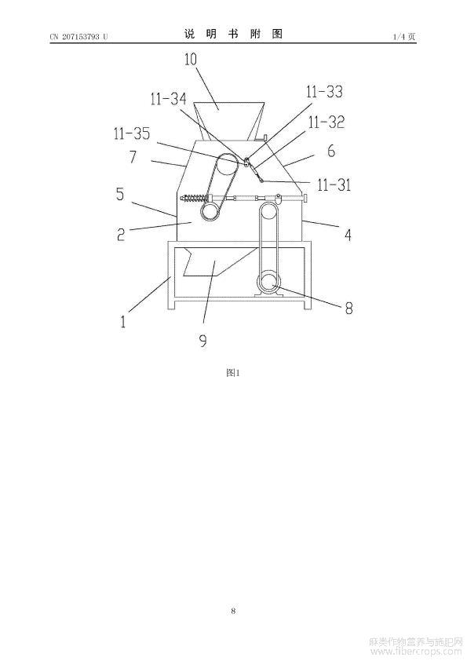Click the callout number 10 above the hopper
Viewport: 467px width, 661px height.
191,60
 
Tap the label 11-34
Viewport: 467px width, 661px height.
168,99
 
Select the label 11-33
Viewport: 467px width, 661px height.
324,92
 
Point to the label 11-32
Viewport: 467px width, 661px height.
327,122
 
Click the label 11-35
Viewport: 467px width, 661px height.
132,133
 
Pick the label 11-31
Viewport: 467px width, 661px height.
334,184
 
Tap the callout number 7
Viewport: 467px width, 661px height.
133,157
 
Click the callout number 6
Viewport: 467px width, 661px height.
331,151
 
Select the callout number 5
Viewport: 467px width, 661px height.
121,194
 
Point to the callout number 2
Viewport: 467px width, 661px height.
121,235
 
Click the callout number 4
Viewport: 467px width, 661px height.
348,235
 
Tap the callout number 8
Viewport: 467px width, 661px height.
349,309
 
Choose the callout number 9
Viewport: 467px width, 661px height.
203,341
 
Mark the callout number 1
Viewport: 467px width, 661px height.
123,322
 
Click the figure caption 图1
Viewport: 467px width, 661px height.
232,373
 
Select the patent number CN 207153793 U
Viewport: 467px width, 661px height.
78,37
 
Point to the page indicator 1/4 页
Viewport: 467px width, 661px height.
404,37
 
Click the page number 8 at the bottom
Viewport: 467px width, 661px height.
233,611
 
